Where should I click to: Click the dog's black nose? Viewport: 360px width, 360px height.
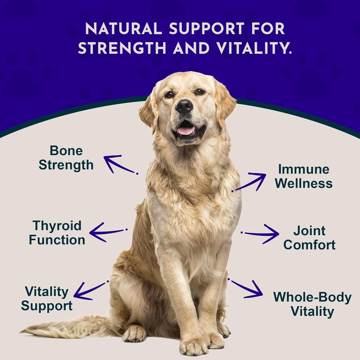tap(184, 106)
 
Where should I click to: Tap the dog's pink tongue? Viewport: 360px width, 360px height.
tap(185, 131)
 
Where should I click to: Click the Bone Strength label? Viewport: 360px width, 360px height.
tap(66, 157)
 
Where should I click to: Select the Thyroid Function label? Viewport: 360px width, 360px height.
tap(57, 232)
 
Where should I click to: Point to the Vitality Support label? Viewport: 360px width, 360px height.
tap(47, 298)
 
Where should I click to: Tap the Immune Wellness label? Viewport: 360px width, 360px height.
tap(304, 176)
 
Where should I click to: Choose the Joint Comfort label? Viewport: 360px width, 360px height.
tap(309, 238)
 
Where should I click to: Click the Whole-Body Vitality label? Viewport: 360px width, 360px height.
tap(312, 304)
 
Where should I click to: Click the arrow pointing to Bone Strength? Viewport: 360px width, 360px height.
tap(120, 164)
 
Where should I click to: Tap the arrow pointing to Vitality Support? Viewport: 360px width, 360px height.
tap(90, 290)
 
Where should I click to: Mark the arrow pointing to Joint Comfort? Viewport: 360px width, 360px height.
tap(262, 234)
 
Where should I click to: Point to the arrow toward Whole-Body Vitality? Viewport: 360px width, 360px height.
tap(246, 288)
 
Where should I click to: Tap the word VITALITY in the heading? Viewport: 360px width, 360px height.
tap(254, 48)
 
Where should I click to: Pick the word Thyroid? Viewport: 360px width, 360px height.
tap(57, 225)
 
